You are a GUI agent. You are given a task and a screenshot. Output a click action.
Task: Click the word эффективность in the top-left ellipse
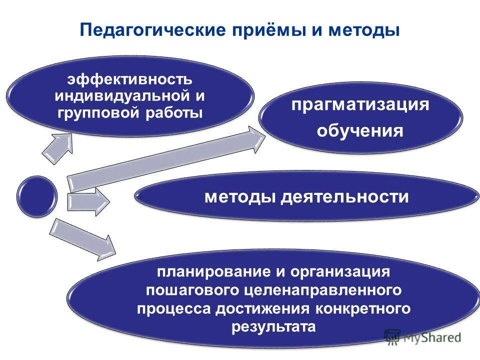pos(129,80)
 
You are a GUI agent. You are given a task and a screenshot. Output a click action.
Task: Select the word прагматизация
pos(360,105)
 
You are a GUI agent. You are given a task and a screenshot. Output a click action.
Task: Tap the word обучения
pos(360,131)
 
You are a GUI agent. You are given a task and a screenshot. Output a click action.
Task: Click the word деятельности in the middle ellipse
pos(344,196)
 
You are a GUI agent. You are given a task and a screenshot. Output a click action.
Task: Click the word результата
pos(273,327)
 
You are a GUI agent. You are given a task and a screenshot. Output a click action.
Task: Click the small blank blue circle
pos(36,196)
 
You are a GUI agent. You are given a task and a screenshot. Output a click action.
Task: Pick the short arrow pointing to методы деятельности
pos(87,201)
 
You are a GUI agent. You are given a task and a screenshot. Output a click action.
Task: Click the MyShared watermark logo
pos(422,337)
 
